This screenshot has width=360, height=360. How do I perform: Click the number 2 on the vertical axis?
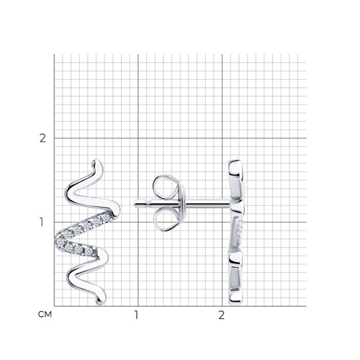coord(42,138)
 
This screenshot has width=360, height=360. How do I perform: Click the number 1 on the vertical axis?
coord(42,222)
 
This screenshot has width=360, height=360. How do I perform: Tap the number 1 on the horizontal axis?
coord(136,315)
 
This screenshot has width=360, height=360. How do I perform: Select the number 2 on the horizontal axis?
coord(221,315)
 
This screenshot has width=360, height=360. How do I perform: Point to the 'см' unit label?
coord(45,315)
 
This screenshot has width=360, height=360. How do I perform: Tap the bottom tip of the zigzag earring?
coord(100,303)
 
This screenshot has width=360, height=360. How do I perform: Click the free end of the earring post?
coord(135,204)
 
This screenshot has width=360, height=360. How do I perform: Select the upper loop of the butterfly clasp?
coord(166,186)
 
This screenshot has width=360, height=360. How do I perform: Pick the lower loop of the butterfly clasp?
coord(166,220)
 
